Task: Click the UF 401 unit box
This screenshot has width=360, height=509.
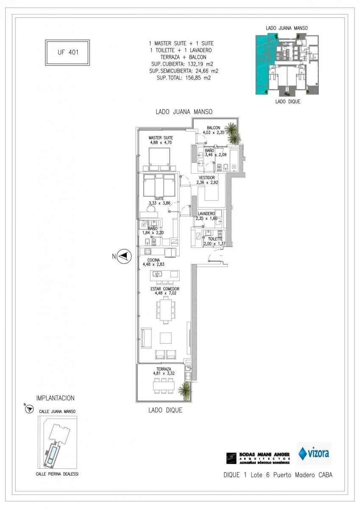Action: (x=67, y=53)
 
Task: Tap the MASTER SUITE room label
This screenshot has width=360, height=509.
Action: (x=160, y=138)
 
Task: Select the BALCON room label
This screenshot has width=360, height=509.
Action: (x=213, y=128)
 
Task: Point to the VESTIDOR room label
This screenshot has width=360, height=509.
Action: (x=207, y=178)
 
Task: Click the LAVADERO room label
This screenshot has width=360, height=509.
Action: (x=206, y=213)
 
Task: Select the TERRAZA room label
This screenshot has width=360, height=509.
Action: (x=163, y=369)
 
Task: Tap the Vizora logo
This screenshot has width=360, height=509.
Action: (x=314, y=453)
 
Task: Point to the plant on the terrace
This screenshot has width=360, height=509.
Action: (x=184, y=390)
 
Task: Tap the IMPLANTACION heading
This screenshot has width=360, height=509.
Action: (x=55, y=398)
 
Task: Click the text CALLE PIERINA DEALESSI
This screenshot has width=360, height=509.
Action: (x=57, y=474)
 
